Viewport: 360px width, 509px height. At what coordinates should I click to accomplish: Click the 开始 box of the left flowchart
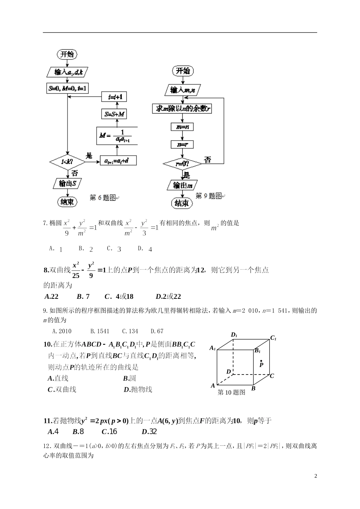click(x=67, y=54)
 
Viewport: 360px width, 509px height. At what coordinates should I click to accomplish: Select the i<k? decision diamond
click(x=67, y=162)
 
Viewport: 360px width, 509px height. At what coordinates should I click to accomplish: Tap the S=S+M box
click(x=115, y=114)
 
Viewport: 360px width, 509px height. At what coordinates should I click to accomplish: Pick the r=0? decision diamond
click(x=183, y=164)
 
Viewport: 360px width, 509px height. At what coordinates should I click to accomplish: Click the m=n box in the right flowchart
click(x=182, y=127)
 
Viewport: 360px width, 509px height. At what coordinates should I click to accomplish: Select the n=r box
click(x=182, y=144)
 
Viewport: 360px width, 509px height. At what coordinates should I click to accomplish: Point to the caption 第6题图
click(x=103, y=198)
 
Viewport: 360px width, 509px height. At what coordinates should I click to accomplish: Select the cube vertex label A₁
click(x=213, y=348)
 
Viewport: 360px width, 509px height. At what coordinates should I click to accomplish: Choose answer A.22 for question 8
click(x=52, y=297)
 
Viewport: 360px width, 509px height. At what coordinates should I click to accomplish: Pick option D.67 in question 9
click(x=157, y=331)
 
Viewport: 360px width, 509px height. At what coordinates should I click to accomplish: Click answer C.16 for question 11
click(x=110, y=431)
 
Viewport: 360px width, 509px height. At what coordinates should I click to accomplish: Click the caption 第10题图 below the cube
click(x=232, y=392)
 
